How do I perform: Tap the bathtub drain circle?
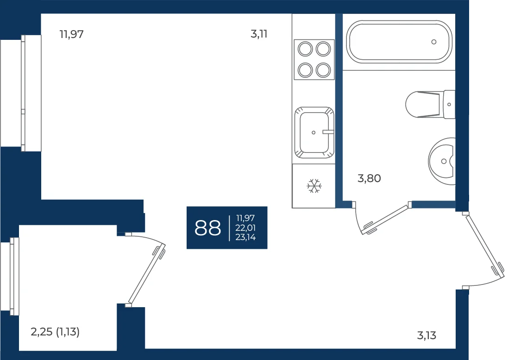tap(434, 42)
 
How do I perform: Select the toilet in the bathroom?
tap(430, 104)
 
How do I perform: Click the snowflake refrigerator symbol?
tap(314, 186)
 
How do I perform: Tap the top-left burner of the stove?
tap(305, 49)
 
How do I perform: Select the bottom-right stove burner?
tap(323, 70)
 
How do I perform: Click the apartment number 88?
tap(207, 227)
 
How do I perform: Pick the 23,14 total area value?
tap(245, 237)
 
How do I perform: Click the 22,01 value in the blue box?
tap(245, 228)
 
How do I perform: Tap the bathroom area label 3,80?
tap(369, 178)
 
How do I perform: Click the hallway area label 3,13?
tap(426, 335)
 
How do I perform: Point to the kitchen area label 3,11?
tap(259, 34)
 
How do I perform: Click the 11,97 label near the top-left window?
tap(72, 34)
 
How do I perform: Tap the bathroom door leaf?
tap(386, 219)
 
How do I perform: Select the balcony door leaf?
tap(147, 274)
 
